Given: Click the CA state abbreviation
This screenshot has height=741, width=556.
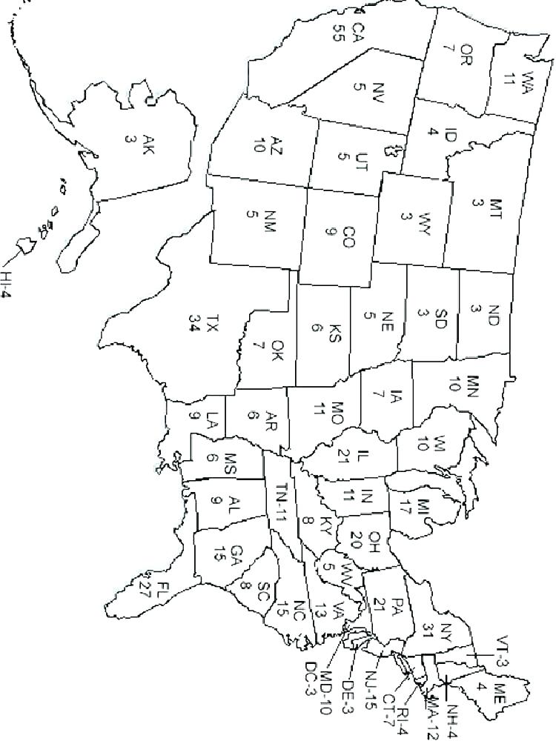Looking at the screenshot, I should [358, 32].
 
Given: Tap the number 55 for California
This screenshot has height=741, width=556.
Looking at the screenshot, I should [339, 32].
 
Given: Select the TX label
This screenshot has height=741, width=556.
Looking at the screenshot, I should [214, 324].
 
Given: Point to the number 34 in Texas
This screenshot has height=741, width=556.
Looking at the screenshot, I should [194, 324].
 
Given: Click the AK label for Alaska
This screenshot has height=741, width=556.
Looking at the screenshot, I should [149, 142].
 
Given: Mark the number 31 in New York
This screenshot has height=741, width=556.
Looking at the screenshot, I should [427, 630].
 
